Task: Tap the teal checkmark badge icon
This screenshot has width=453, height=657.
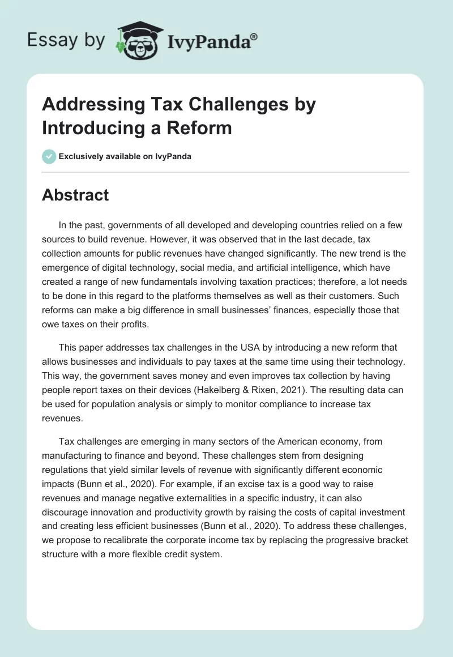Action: pyautogui.click(x=49, y=156)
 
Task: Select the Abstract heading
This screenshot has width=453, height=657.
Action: pyautogui.click(x=75, y=195)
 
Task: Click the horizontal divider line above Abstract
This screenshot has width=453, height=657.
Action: pyautogui.click(x=225, y=172)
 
